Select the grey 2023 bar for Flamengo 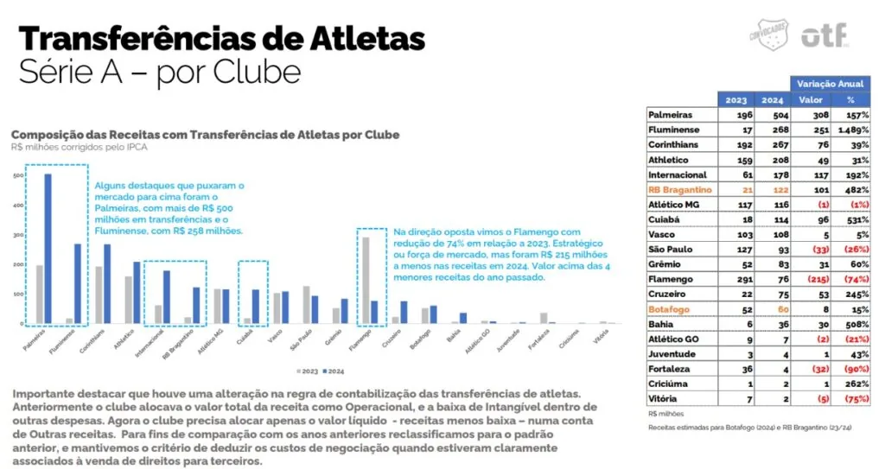(365, 280)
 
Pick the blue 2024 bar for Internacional (165, 297)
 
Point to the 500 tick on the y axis (18, 176)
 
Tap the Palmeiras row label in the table (671, 114)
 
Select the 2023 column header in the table (735, 99)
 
